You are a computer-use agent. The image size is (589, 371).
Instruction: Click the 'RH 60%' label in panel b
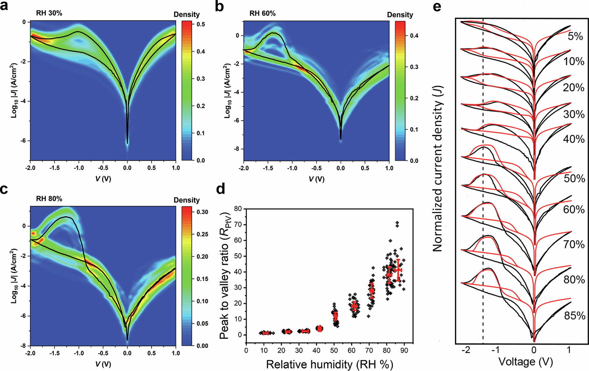[x=262, y=14]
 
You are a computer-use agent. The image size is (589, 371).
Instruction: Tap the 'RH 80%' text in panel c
[x=49, y=199]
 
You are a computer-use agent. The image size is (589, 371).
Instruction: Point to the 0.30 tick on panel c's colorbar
[x=202, y=212]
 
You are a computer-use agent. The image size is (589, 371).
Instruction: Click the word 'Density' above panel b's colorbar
[x=400, y=15]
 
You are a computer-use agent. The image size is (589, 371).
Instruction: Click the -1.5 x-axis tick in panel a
[x=54, y=168]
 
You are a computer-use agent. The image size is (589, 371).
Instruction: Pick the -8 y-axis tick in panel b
[x=237, y=149]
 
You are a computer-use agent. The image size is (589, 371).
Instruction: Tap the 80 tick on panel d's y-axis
[x=238, y=209]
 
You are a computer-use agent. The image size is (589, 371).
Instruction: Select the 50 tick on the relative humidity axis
[x=334, y=350]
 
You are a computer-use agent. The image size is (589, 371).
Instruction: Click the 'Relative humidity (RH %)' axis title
[x=330, y=364]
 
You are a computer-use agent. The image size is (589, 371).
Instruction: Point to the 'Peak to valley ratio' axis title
[x=224, y=274]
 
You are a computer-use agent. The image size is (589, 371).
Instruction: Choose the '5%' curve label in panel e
[x=575, y=36]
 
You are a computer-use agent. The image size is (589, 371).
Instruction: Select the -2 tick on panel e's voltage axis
[x=466, y=350]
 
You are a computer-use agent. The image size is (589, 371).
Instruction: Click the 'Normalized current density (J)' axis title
[x=437, y=168]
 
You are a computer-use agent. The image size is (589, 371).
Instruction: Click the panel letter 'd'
[x=220, y=189]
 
